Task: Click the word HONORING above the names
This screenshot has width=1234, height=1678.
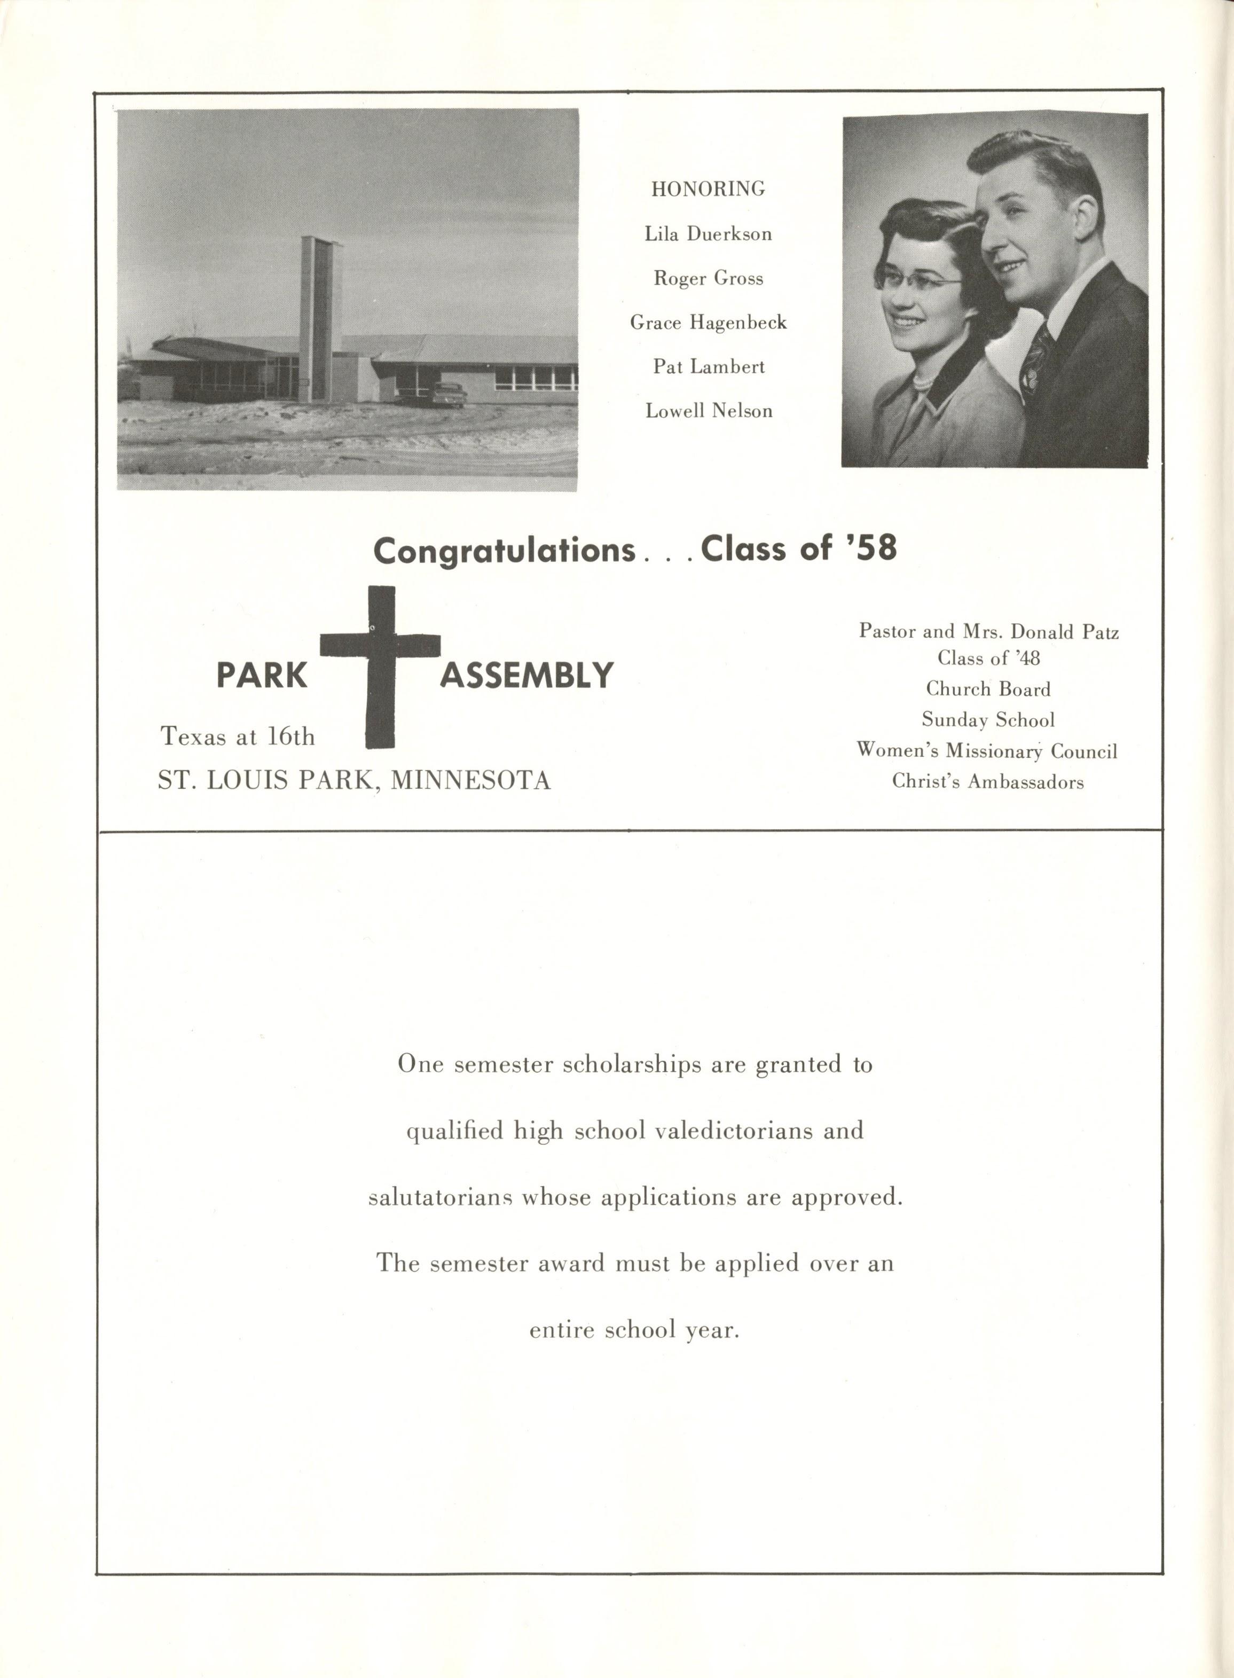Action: pyautogui.click(x=708, y=189)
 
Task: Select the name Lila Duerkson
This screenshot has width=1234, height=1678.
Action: pyautogui.click(x=708, y=234)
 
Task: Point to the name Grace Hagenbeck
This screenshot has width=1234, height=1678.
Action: pyautogui.click(x=708, y=322)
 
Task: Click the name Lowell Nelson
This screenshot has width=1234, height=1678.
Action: pyautogui.click(x=708, y=410)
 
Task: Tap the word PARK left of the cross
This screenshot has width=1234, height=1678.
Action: pyautogui.click(x=262, y=676)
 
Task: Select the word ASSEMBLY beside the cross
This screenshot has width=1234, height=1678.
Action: pyautogui.click(x=526, y=676)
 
